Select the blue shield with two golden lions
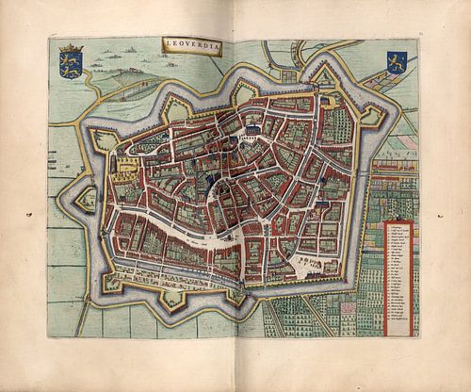tap(70, 64)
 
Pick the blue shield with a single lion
tap(394, 63)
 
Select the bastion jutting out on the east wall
tap(369, 117)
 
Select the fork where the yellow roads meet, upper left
tap(94, 90)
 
